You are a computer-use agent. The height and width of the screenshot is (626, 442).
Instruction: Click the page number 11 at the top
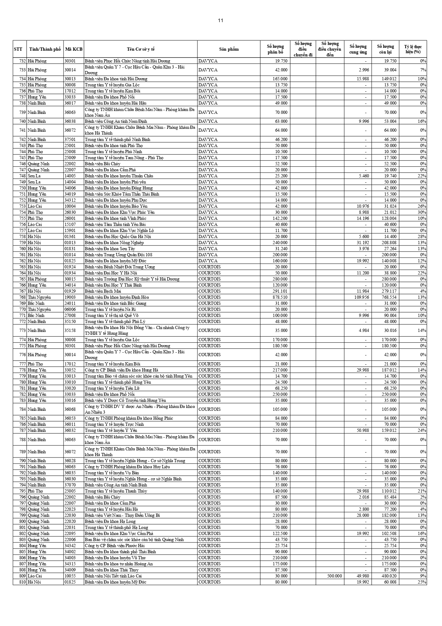pos(221,20)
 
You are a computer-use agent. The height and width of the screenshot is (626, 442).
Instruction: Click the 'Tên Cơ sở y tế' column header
pos(140,49)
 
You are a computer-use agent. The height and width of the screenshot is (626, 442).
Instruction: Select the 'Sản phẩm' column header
pos(228,49)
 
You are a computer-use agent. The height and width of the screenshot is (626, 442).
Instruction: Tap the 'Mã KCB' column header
pos(74,49)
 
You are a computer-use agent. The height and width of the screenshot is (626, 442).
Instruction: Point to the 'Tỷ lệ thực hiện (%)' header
pos(413,49)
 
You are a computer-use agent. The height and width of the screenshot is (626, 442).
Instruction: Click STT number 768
pos(22,297)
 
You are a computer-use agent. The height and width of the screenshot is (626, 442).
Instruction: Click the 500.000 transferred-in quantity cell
pos(334,576)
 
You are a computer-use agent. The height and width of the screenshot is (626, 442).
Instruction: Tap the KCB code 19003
pos(70,297)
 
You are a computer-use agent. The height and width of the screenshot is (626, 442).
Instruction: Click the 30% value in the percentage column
pos(423,212)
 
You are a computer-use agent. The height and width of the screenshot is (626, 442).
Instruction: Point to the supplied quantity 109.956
pos(359,297)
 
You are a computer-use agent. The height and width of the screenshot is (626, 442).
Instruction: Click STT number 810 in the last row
pos(22,582)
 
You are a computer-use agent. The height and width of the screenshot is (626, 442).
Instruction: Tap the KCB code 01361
pos(70,237)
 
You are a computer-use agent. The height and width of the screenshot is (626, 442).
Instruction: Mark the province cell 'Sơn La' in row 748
pos(34,176)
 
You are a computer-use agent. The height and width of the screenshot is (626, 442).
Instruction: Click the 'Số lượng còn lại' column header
pos(385,49)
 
